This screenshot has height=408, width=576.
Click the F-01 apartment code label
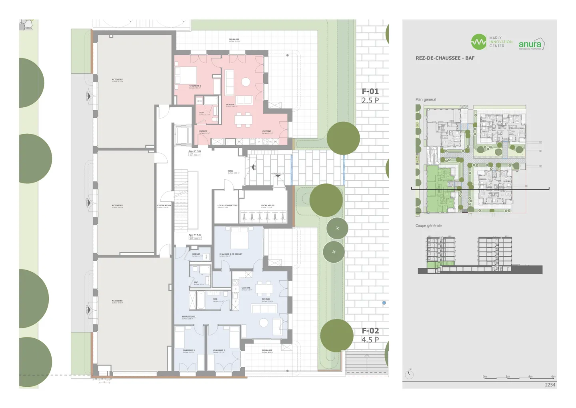point(370,91)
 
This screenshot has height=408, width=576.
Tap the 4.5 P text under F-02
point(370,340)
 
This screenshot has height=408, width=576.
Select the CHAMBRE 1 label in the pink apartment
point(195,86)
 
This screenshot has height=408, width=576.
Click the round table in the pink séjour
point(246,82)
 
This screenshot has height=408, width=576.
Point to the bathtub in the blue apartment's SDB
point(192,300)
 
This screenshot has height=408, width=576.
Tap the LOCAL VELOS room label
point(267,206)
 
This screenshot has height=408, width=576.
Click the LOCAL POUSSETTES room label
point(227,206)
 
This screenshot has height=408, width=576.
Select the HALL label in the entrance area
point(230,171)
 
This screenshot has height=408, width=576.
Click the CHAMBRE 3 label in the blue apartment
point(188,351)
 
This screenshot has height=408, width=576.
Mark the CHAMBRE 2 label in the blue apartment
point(219,351)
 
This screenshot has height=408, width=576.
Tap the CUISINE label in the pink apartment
point(267,131)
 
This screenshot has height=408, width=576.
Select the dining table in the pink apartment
point(243,119)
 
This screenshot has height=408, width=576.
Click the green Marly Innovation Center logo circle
point(478,42)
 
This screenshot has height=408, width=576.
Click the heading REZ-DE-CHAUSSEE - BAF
point(445,58)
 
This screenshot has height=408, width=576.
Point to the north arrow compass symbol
point(409,374)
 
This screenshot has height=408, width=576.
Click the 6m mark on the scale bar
point(553,377)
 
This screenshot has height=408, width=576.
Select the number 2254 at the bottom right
point(550,385)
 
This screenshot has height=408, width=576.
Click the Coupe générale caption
point(428,226)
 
